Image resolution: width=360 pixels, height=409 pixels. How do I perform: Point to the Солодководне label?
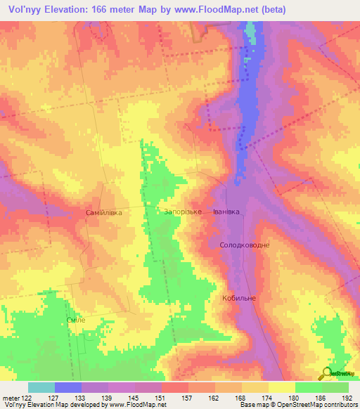coord(245,245)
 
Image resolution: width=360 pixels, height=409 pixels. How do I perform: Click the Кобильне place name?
coord(239,298)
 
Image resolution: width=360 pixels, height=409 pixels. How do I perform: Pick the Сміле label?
coord(75,320)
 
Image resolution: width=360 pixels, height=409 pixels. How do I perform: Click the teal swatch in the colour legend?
coord(41,387)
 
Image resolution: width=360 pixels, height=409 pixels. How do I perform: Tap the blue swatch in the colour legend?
coord(68,387)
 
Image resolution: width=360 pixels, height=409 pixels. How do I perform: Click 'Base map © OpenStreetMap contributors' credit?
coord(299,405)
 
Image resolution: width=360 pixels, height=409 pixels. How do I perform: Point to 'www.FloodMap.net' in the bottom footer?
coord(137,405)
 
